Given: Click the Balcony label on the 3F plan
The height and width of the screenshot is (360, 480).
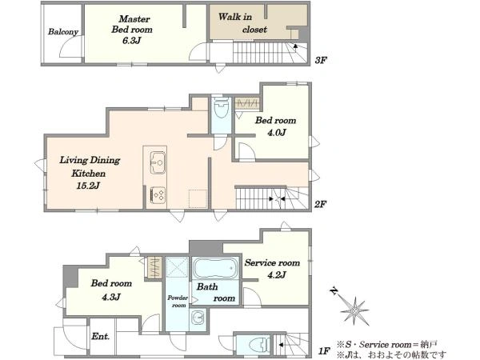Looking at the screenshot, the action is tap(63, 31).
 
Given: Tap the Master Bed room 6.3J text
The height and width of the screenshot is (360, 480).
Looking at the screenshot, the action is tap(132, 30).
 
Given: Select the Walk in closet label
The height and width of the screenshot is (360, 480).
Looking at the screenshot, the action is tap(242, 23).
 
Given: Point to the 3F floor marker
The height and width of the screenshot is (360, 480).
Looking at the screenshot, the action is tap(321, 60).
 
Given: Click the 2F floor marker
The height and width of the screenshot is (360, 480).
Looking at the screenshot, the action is tap(321, 204).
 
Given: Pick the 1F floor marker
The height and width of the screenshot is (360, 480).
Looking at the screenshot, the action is tap(325, 351).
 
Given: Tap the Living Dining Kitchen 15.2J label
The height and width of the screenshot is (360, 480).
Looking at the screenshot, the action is tap(90, 173).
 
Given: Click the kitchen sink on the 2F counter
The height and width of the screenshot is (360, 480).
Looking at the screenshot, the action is tap(158, 162).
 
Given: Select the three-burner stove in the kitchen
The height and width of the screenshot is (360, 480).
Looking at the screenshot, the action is tap(158, 195).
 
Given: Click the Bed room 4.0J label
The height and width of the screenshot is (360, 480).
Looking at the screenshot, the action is tap(276, 126).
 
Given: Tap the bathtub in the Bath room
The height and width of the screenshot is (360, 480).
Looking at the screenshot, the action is tap(215, 268).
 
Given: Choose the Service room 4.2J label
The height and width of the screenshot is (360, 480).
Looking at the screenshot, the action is tap(272, 269).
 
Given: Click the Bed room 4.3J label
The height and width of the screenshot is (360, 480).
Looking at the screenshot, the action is tap(111, 290).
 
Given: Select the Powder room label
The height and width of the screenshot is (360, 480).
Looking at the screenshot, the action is tap(178, 302).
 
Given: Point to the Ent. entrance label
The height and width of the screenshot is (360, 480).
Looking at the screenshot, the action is tap(101, 336).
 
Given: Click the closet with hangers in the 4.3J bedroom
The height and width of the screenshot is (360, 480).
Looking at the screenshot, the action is tap(154, 267).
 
